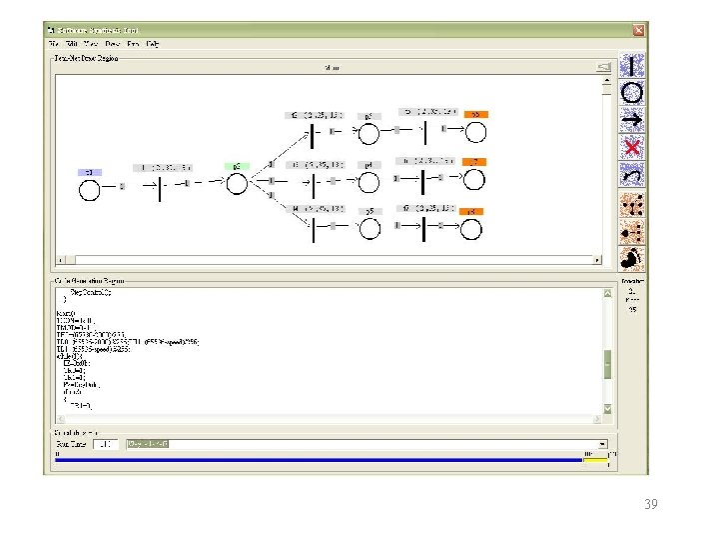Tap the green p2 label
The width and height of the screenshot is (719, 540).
tap(236, 165)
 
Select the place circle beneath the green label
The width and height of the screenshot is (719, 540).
tap(236, 185)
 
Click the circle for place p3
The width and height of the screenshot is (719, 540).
tap(368, 135)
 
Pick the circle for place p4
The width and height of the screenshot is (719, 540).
tap(368, 182)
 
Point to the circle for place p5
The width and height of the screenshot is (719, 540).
tap(368, 228)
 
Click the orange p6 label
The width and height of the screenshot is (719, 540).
tap(474, 114)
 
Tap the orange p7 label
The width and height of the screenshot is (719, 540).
tap(474, 161)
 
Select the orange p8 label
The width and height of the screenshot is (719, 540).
tap(474, 211)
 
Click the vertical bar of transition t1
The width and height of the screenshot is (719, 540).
tap(161, 186)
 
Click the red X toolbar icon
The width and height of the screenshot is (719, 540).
tap(631, 147)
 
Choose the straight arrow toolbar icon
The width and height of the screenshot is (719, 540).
tap(631, 120)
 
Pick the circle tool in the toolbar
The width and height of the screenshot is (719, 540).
tap(631, 93)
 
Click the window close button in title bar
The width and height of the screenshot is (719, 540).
tap(636, 31)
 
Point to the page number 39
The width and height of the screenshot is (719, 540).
tap(650, 505)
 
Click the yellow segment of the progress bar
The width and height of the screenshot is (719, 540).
tap(594, 461)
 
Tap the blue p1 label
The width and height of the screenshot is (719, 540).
tap(89, 172)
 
